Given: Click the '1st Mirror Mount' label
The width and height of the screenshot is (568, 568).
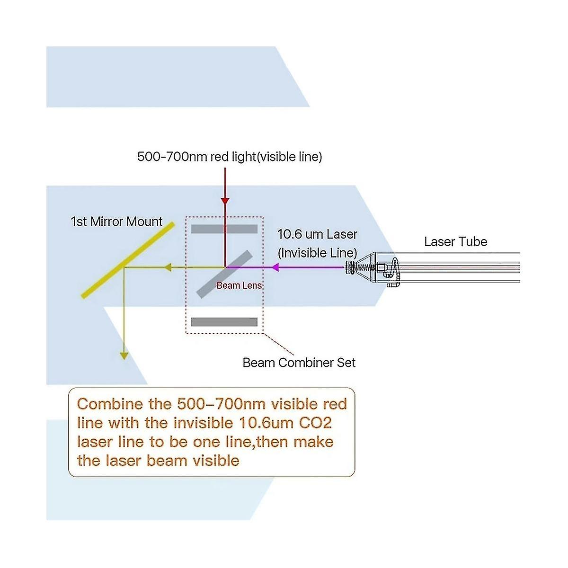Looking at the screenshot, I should point(116,222).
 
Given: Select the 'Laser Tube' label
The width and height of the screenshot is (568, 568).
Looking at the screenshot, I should point(455,242).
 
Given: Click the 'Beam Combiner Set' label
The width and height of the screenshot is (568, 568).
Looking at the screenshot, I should point(299,363).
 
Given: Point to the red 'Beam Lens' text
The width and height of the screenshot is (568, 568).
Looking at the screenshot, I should point(239,285).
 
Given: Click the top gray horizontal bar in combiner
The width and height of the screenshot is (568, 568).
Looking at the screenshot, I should point(224,229).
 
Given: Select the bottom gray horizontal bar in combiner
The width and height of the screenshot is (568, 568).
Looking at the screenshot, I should point(224,322).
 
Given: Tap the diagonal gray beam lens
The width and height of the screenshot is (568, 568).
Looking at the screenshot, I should point(224,274).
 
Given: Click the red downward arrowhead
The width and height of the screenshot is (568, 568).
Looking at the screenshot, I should point(225,201).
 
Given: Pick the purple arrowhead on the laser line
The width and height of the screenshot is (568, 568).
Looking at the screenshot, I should point(275,267).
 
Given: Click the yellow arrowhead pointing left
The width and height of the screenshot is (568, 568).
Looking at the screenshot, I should point(167,268).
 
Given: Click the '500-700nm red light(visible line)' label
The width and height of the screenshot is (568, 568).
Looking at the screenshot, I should point(230,157).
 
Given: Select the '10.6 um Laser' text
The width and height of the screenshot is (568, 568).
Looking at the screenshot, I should point(317,234).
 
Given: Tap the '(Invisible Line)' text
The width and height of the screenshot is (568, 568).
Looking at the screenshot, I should point(317,253).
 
